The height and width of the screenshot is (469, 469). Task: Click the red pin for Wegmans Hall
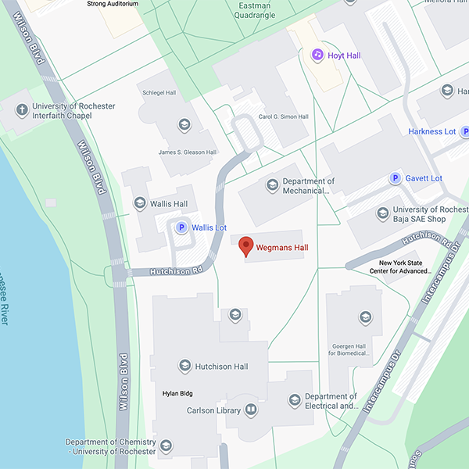[246, 246]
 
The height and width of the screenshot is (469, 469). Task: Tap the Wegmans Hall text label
[282, 248]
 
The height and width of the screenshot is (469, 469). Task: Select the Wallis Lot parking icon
[182, 228]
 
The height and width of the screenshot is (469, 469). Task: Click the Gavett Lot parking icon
[396, 178]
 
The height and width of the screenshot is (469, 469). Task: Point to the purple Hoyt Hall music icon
[317, 55]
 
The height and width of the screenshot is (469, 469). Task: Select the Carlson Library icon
[251, 409]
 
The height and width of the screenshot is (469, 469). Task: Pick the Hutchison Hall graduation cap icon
[184, 366]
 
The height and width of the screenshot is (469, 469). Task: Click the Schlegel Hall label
[159, 92]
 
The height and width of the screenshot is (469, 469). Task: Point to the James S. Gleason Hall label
[187, 152]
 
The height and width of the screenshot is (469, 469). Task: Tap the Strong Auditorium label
[113, 4]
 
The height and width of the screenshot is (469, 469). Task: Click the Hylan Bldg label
[177, 393]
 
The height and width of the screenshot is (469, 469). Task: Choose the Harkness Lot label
[431, 131]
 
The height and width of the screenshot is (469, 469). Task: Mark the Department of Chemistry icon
[166, 446]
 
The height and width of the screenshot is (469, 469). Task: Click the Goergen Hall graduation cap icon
[364, 317]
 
